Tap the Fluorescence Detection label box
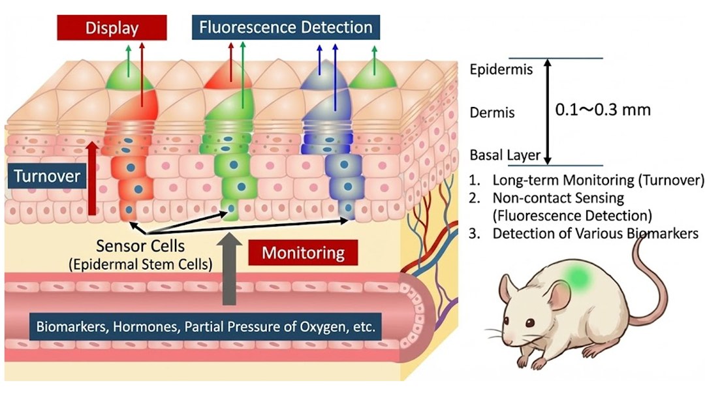click(x=287, y=28)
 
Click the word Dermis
click(x=492, y=112)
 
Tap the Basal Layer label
click(x=505, y=156)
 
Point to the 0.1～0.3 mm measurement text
click(x=603, y=109)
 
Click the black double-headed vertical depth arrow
click(x=548, y=111)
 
